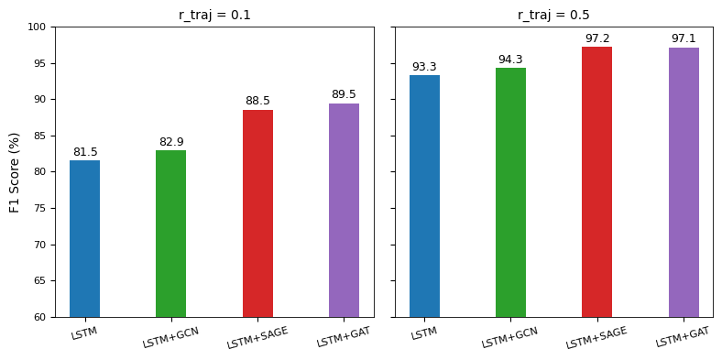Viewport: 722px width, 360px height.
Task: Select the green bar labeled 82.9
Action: [x=170, y=234]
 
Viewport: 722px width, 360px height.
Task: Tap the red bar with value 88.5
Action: [x=257, y=213]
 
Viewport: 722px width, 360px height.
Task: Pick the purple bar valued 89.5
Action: [x=344, y=210]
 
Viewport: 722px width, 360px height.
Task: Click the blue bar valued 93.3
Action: [x=424, y=196]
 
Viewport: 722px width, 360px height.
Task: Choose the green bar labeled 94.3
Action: [x=510, y=192]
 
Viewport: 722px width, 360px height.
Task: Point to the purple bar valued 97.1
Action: [x=684, y=182]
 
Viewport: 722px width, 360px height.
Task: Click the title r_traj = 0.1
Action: [x=214, y=15]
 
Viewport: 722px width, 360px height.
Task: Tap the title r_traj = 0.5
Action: [x=553, y=15]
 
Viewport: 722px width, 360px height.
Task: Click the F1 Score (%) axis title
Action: [x=15, y=172]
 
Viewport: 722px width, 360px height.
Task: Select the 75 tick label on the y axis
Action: [x=38, y=209]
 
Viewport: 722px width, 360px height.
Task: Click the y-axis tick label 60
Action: [x=38, y=318]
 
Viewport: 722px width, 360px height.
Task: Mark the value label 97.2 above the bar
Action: [x=597, y=38]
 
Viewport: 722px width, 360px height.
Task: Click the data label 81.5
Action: [x=85, y=152]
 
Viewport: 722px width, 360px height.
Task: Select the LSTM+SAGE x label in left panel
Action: [x=257, y=338]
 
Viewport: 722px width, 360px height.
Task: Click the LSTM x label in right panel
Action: [x=424, y=333]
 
